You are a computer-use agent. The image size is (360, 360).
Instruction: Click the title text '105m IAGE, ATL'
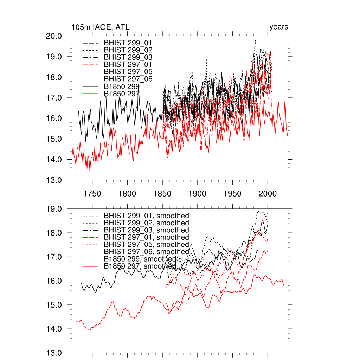pos(98,27)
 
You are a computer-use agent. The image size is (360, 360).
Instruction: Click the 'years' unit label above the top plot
pos(278,27)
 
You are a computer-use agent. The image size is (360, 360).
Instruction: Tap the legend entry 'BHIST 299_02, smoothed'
pos(146,223)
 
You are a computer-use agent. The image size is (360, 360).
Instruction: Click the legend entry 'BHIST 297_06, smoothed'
pos(146,252)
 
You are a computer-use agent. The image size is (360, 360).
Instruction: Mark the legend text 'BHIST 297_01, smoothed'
pos(146,237)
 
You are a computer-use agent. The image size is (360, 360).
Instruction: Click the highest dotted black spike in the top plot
pos(255,40)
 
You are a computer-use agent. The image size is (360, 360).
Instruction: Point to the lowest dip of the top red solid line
pos(90,172)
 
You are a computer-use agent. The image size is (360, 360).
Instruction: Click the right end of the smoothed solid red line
pos(284,287)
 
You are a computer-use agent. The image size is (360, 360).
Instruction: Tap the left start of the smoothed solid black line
pos(81,283)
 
